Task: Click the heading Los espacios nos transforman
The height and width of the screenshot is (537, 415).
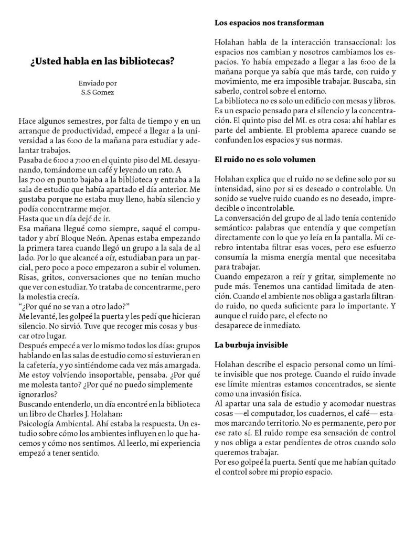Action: (x=269, y=23)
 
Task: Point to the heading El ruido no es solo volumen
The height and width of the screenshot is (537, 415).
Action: (x=265, y=159)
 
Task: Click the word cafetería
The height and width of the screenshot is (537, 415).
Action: (x=38, y=363)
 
